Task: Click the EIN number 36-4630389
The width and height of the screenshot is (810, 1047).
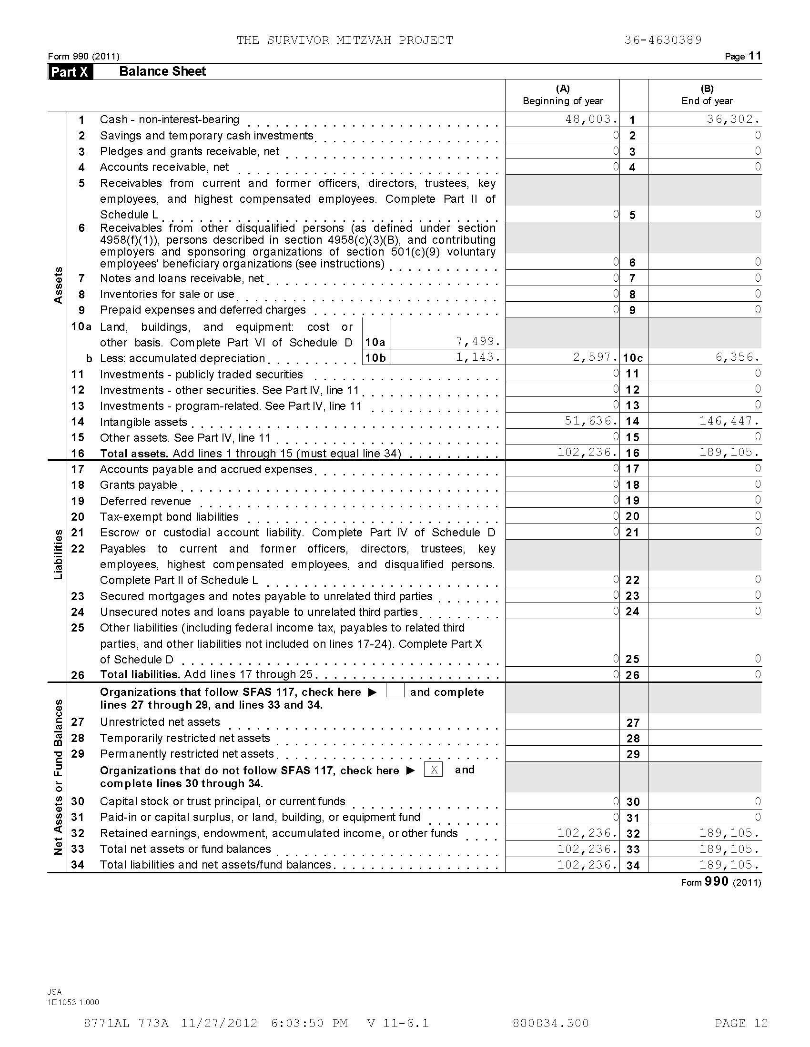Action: point(663,40)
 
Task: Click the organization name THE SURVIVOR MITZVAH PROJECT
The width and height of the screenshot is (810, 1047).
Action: point(344,40)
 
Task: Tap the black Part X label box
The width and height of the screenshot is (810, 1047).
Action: point(70,72)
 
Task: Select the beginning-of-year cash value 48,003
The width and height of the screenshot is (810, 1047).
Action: point(591,119)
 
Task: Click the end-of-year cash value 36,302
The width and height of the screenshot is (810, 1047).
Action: point(733,119)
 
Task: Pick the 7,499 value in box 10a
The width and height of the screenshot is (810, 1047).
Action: point(478,341)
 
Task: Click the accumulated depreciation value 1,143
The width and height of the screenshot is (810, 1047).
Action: point(478,356)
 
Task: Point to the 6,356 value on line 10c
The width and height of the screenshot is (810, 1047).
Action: point(737,357)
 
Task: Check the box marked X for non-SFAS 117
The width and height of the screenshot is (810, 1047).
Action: point(433,770)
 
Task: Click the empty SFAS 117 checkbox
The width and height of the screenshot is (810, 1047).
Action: point(395,691)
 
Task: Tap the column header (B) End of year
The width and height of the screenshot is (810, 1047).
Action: point(706,94)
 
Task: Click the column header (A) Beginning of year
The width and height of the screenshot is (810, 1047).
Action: point(562,94)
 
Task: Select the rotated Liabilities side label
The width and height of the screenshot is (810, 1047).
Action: point(58,554)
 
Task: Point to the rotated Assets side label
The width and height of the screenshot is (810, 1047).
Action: point(58,285)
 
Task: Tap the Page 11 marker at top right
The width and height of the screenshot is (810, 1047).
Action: point(742,56)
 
